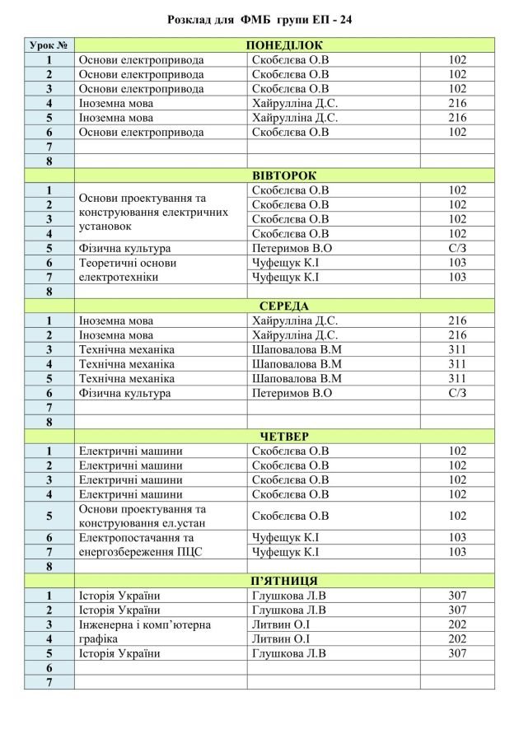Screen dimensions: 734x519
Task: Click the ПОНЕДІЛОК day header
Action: pos(284,45)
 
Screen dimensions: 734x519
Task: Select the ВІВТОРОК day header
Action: pos(284,175)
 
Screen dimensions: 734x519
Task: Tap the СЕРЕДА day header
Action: pos(284,306)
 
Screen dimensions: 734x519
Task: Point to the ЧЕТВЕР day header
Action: pos(284,437)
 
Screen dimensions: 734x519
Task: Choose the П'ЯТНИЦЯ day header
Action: pos(284,581)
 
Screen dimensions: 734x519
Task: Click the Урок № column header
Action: pos(49,45)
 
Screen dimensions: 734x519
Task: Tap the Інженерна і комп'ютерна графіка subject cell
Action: pos(144,632)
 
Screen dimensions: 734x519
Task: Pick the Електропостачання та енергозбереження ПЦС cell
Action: pos(140,545)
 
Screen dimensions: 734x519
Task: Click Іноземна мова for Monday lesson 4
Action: pos(116,103)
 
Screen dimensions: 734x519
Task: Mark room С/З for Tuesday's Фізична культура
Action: pos(457,248)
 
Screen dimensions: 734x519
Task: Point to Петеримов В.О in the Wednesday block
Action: pos(292,393)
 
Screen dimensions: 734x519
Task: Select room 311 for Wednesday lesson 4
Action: pos(457,364)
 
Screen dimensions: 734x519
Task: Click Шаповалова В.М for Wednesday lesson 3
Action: pos(296,349)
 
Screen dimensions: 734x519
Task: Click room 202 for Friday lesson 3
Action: pos(457,624)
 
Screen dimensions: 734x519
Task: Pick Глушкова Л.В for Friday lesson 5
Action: pos(289,653)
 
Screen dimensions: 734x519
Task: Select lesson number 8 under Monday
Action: pos(49,161)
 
